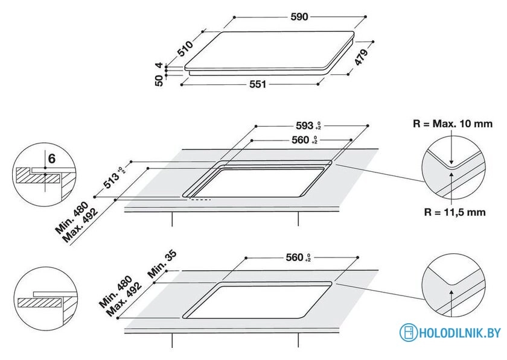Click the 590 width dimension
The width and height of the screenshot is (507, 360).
(x=299, y=16)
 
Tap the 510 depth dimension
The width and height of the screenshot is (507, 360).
(x=186, y=48)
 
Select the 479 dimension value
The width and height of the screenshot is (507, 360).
(x=361, y=57)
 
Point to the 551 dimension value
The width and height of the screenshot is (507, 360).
(x=258, y=84)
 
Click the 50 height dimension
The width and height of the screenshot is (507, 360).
(x=159, y=80)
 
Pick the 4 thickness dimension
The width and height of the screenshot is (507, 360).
(x=159, y=65)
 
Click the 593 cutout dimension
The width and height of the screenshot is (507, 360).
(x=308, y=125)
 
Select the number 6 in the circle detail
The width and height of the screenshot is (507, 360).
(x=52, y=159)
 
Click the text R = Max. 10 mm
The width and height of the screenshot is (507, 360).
(x=453, y=124)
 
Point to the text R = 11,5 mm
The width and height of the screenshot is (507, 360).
(x=454, y=212)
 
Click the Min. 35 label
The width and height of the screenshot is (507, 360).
(x=162, y=264)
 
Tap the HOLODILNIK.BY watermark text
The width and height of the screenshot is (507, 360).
(x=460, y=333)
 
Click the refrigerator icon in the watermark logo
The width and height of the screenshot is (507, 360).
(x=409, y=332)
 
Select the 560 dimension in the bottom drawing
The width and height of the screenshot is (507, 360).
(x=298, y=257)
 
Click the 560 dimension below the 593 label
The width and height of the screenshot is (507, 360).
(x=304, y=140)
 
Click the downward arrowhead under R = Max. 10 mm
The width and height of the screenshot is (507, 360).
(x=451, y=162)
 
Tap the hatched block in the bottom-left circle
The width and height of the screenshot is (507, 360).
(x=40, y=303)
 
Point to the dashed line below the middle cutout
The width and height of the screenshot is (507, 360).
(x=200, y=200)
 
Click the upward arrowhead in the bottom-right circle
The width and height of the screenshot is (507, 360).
(x=451, y=292)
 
